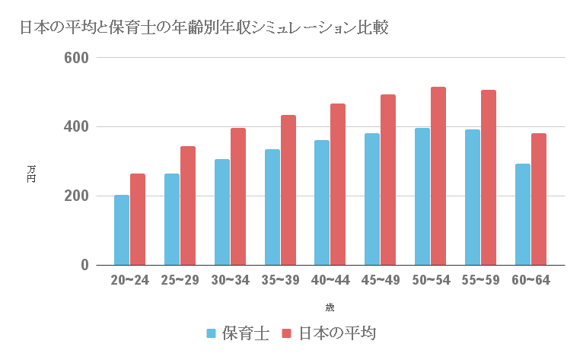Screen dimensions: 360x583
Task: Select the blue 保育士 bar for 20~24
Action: tap(122, 230)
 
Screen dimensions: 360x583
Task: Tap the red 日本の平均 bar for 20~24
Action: tap(138, 219)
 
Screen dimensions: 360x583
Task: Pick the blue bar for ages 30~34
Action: tap(222, 212)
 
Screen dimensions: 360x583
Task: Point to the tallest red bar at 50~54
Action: tap(438, 176)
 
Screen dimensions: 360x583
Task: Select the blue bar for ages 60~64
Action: tap(523, 214)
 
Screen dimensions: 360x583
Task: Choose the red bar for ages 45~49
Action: tap(388, 180)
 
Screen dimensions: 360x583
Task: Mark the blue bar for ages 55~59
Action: tap(473, 197)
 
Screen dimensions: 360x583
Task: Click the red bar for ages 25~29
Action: tap(188, 205)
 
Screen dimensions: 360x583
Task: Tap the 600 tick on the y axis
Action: tap(78, 58)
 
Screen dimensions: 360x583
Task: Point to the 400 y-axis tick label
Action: tap(78, 127)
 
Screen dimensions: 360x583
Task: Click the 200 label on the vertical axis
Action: tap(78, 196)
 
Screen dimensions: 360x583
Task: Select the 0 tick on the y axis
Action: tap(84, 266)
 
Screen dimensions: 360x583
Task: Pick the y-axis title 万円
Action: tap(31, 174)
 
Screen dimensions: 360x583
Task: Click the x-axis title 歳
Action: tap(329, 307)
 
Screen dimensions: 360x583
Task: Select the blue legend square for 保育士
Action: tap(212, 333)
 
